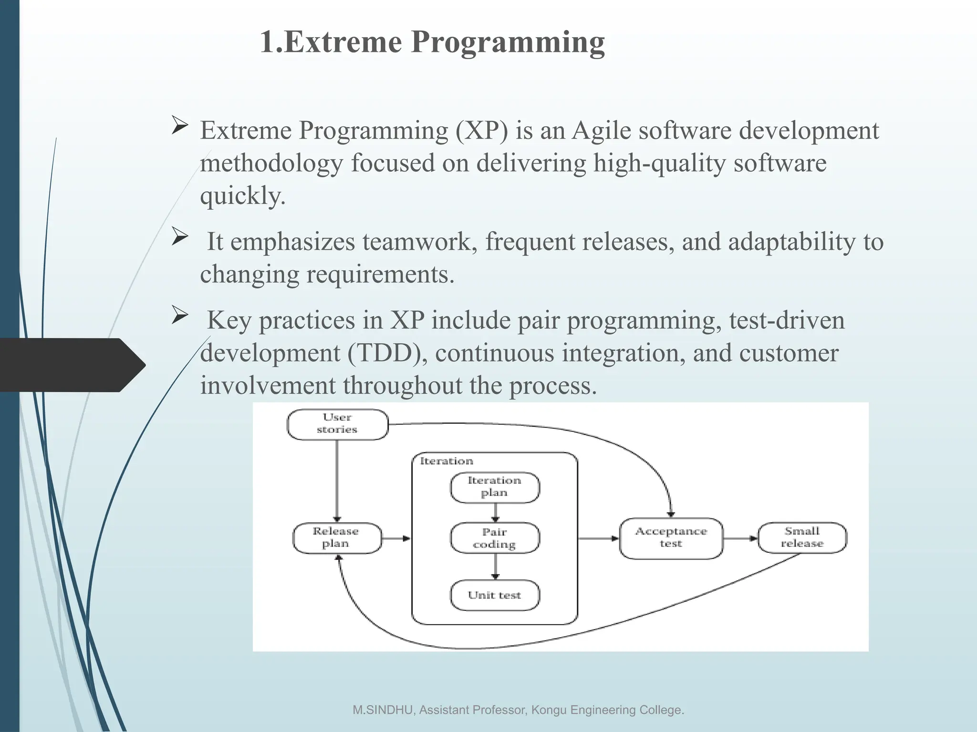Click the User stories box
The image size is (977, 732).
pos(337,424)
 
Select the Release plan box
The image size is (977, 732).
pos(337,538)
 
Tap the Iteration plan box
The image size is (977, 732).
pos(495,487)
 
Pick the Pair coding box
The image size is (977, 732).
pos(495,538)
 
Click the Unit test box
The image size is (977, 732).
pos(495,595)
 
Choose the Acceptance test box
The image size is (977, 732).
pos(671,538)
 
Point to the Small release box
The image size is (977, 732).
pos(802,538)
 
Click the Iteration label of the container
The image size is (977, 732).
pos(446,461)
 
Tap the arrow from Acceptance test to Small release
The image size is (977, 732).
pos(740,539)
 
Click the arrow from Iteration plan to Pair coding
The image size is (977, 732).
pos(495,513)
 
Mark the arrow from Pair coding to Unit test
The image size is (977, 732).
pos(495,566)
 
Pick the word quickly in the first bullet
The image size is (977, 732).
pos(242,195)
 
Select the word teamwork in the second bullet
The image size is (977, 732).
pos(420,242)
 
